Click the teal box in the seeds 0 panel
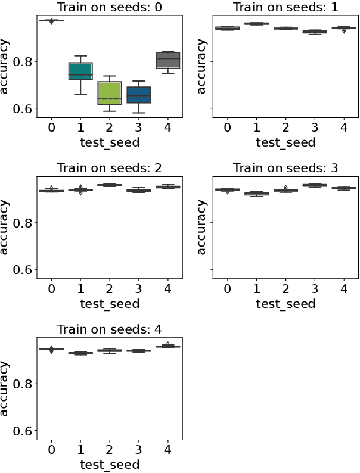80,71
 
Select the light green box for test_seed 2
110,93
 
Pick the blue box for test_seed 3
139,95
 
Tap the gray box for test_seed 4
167,60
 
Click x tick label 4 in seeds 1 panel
343,127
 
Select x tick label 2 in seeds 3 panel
285,289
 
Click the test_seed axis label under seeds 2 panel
110,304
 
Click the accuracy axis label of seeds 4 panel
5,388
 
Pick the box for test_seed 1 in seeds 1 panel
256,24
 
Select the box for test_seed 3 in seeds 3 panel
314,185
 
